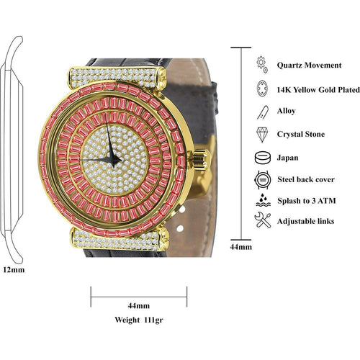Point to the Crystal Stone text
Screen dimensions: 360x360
point(301,134)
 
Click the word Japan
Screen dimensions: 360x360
point(289,156)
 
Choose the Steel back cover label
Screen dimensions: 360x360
point(305,179)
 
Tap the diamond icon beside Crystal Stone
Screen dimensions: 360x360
point(262,134)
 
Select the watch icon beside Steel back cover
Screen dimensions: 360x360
point(262,179)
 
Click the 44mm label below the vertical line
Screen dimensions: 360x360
point(241,247)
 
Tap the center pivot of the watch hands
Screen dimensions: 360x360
point(109,156)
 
